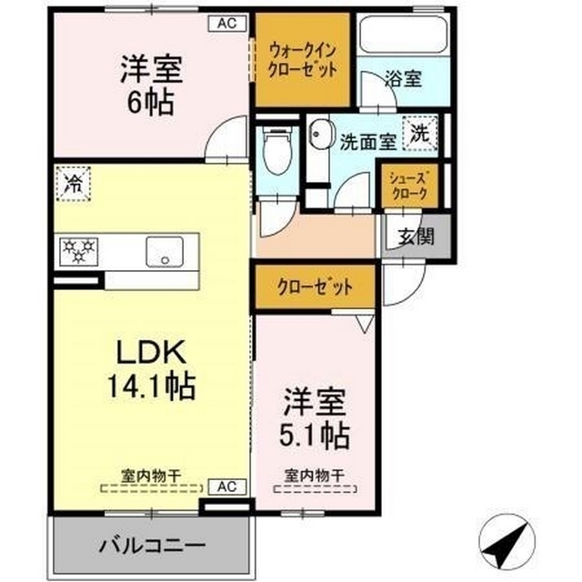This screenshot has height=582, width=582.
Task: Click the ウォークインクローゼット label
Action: pos(303,59)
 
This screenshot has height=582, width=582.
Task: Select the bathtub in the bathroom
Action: pos(399,35)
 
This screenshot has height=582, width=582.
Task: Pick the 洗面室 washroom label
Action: pos(367,142)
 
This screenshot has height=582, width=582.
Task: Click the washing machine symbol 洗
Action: pos(418,132)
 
